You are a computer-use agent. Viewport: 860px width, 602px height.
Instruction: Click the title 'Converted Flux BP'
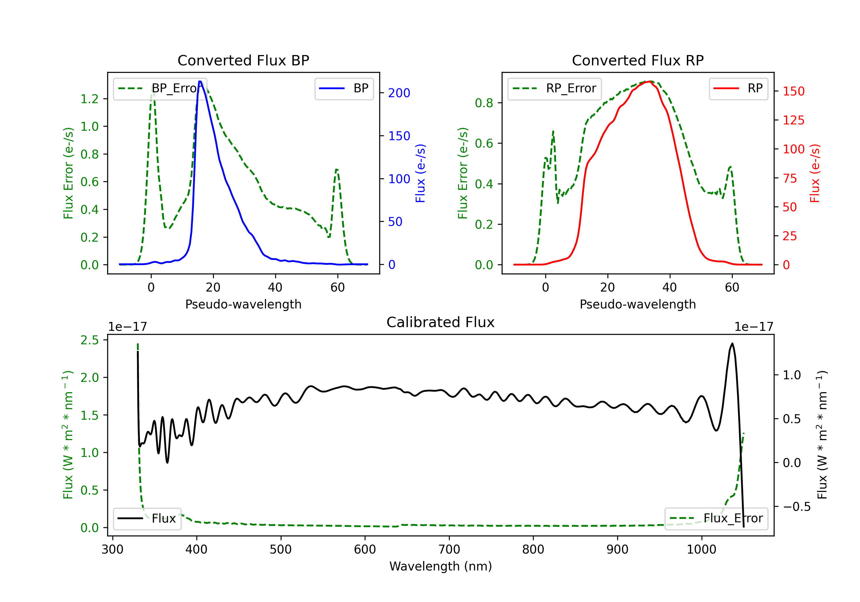[243, 60]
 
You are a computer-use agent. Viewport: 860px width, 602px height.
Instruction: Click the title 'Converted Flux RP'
[638, 60]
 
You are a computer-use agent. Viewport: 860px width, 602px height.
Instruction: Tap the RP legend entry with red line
[738, 88]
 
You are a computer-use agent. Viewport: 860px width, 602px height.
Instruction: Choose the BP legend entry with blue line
[344, 88]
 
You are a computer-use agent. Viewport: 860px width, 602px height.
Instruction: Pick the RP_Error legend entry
[554, 88]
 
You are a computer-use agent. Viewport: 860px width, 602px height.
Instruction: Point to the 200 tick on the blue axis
[399, 93]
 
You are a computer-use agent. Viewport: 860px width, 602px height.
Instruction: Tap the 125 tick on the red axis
[793, 120]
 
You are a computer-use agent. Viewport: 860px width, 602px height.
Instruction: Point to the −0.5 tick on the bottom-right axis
[796, 507]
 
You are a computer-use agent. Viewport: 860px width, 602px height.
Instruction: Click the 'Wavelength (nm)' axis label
[441, 566]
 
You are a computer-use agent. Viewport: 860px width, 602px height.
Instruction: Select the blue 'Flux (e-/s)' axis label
[420, 173]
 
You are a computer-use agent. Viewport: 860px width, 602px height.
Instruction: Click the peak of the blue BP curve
[200, 81]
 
